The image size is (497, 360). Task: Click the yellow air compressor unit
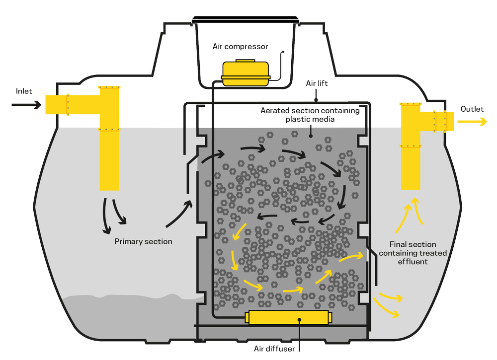pyautogui.click(x=246, y=73)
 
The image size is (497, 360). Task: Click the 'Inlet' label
pyautogui.click(x=24, y=91)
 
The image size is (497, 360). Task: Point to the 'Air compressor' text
pyautogui.click(x=241, y=47)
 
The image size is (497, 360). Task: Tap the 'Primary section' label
pyautogui.click(x=143, y=241)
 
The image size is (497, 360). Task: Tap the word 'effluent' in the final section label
pyautogui.click(x=413, y=261)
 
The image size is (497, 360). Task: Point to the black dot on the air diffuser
pyautogui.click(x=299, y=319)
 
